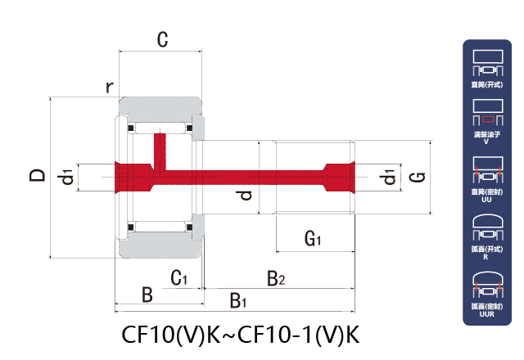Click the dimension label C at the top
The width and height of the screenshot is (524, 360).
pos(162,38)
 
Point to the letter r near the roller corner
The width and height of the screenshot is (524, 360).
pos(108,87)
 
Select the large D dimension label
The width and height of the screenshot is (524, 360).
pos(37,175)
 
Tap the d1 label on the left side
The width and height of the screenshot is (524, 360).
pos(66,175)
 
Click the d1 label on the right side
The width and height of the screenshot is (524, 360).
pos(388,176)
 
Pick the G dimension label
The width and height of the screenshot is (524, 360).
pos(415,176)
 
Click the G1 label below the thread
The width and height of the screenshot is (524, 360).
pos(313,239)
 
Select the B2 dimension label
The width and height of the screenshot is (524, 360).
pos(276,279)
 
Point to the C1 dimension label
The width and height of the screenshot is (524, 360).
pos(179,279)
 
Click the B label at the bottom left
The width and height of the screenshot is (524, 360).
pos(147,295)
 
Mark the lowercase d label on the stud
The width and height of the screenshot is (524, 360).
pos(243,195)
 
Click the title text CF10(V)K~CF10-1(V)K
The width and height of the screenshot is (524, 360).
pos(241,335)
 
